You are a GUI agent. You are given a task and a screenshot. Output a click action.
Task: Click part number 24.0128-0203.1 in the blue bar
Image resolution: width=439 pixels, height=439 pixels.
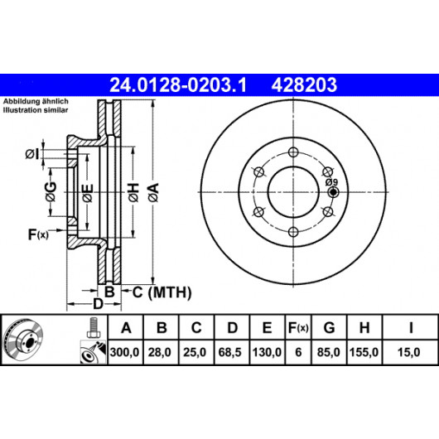pyautogui.click(x=178, y=84)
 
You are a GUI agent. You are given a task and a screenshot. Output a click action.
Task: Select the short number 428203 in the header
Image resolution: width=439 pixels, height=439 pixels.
pyautogui.click(x=304, y=84)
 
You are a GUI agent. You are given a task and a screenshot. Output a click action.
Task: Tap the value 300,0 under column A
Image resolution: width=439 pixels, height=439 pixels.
pyautogui.click(x=124, y=352)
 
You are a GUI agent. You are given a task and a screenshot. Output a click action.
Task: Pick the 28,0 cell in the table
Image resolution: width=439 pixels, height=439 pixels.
pyautogui.click(x=160, y=352)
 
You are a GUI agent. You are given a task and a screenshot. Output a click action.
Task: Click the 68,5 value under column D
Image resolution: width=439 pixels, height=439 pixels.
pyautogui.click(x=230, y=352)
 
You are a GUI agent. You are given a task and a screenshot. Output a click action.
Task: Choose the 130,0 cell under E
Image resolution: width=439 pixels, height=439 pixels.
pyautogui.click(x=267, y=352)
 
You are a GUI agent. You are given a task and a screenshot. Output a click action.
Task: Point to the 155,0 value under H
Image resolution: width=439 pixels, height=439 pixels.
pyautogui.click(x=364, y=352)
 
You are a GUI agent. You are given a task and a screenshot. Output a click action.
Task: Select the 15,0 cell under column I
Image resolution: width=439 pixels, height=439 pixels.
pyautogui.click(x=408, y=352)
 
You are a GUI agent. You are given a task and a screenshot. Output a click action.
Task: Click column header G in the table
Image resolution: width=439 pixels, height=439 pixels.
pyautogui.click(x=329, y=327)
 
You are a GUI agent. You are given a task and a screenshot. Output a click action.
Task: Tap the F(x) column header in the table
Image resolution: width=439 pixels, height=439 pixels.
pyautogui.click(x=298, y=327)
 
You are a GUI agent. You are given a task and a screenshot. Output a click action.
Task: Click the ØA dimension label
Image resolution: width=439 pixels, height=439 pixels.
pyautogui.click(x=154, y=192)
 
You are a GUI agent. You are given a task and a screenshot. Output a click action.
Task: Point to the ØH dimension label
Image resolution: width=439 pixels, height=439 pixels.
pyautogui.click(x=133, y=192)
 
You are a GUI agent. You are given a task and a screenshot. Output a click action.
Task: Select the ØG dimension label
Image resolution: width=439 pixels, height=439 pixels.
pyautogui.click(x=51, y=192)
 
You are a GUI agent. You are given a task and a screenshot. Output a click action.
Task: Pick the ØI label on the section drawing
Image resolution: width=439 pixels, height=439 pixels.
pyautogui.click(x=32, y=154)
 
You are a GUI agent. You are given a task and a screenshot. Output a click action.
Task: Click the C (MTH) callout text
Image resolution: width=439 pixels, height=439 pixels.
pyautogui.click(x=162, y=292)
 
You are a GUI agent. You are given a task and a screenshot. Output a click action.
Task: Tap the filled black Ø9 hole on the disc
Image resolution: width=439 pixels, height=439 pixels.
pyautogui.click(x=333, y=192)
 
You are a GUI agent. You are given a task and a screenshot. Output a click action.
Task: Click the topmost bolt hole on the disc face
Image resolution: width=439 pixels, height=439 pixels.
pyautogui.click(x=293, y=152)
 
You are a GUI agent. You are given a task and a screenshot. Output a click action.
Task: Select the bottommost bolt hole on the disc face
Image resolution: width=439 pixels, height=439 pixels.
pyautogui.click(x=293, y=232)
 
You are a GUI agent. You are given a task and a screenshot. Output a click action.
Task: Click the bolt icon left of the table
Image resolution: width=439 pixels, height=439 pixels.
pyautogui.click(x=93, y=327)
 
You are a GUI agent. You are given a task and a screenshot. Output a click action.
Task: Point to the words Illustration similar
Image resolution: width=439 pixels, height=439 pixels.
pyautogui.click(x=36, y=110)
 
